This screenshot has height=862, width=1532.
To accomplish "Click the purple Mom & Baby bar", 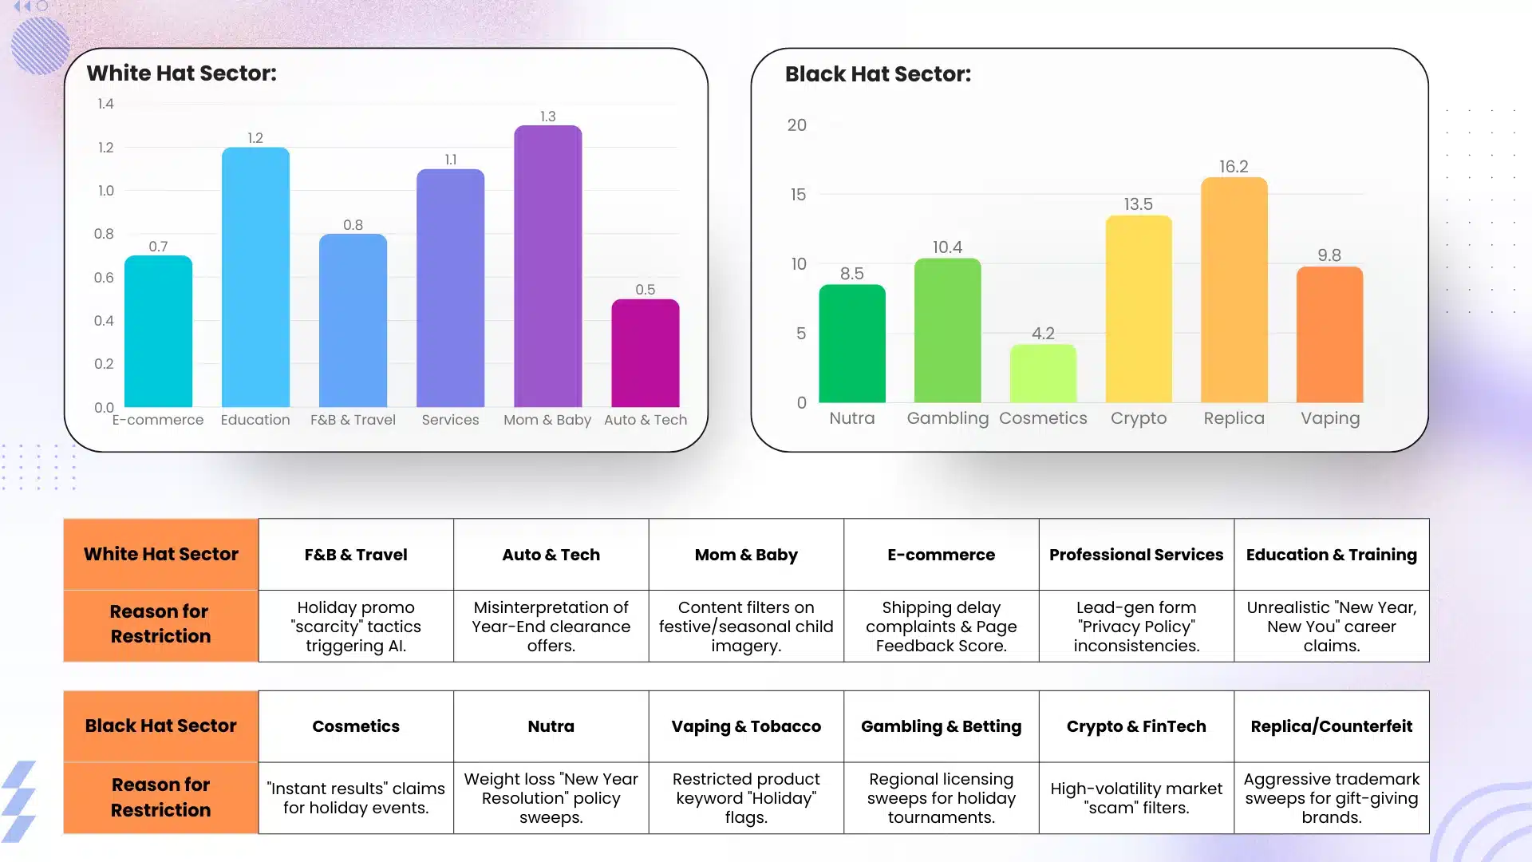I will pos(547,267).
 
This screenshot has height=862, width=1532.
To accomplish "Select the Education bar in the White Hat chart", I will pos(255,278).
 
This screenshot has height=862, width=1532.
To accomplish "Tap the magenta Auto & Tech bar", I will pos(645,354).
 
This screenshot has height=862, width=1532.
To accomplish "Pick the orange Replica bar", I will pos(1234,291).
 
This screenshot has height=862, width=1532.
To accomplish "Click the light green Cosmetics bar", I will pos(1043,374).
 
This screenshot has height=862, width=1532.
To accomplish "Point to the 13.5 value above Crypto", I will pos(1138,204).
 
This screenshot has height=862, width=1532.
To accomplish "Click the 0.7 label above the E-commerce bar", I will pos(158,247).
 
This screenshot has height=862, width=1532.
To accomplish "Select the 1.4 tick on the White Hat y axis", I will pos(105,104).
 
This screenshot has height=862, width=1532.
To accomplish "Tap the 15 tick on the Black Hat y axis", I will pos(798,195).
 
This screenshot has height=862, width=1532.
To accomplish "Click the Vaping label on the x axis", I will pos(1329,418).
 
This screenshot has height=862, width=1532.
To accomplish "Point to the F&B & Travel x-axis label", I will pos(353,420).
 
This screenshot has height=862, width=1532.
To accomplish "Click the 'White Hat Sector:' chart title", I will pos(182,73).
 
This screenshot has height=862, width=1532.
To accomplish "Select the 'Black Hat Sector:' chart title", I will pos(878,74).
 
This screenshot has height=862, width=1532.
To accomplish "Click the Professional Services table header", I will pos(1135,555).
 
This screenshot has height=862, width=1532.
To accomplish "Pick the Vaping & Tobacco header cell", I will pos(746,726).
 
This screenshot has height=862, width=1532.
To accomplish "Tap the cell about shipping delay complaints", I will pos(941,627).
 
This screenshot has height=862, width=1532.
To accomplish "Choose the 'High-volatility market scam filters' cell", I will pos(1135,798).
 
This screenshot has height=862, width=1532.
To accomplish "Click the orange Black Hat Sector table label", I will pos(161,726).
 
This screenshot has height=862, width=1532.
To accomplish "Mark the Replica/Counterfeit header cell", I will pos(1331,726).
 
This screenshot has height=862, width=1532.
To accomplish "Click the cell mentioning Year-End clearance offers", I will pos(551,627).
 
